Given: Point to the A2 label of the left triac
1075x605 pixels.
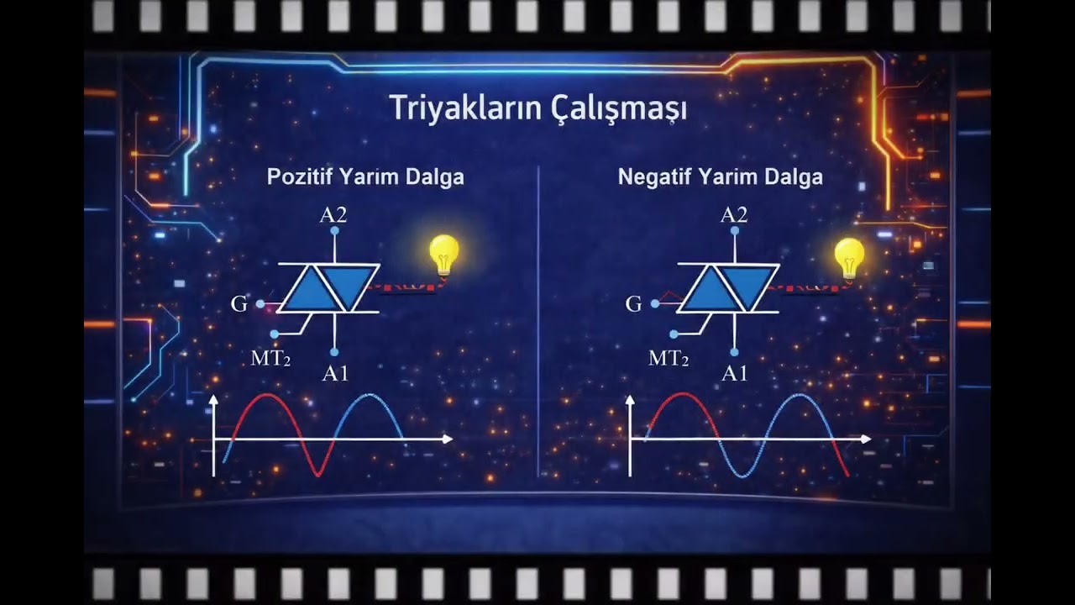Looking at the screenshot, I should (333, 215).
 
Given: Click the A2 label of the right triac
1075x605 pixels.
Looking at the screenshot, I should (734, 215).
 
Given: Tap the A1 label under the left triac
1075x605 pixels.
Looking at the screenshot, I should (335, 374).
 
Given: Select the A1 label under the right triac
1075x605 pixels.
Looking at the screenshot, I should (735, 374).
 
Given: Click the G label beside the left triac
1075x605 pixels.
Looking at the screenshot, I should (239, 304).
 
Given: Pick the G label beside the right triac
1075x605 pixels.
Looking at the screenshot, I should (634, 304).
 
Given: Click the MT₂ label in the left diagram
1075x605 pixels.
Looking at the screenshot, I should (270, 359).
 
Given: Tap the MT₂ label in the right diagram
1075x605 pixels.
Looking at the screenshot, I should (669, 359).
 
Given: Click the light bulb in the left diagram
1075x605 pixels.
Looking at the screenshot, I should (444, 254).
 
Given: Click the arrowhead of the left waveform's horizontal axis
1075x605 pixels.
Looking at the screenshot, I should (448, 439).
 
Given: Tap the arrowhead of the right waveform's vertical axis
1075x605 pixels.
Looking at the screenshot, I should (630, 401).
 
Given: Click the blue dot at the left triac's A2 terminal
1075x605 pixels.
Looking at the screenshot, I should (334, 229).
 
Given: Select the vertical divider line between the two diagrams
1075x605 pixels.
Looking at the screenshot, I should (537, 319).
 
